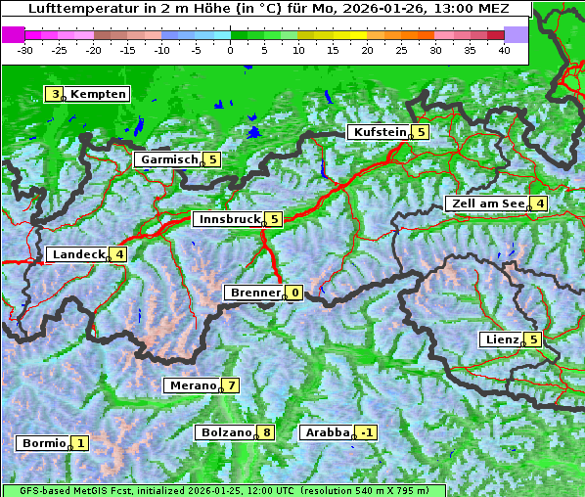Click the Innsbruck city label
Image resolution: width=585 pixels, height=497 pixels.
tap(227, 219)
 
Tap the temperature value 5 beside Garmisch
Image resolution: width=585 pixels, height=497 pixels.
tap(212, 159)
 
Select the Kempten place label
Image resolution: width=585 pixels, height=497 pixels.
tap(98, 94)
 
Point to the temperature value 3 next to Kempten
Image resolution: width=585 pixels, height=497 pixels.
tap(56, 94)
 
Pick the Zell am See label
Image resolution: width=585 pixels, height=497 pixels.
tap(486, 203)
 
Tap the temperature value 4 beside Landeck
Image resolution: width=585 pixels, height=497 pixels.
tap(119, 254)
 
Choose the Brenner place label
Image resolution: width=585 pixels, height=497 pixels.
tap(255, 293)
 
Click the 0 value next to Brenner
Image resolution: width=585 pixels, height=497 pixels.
tap(294, 293)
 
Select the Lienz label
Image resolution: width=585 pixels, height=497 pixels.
tap(502, 339)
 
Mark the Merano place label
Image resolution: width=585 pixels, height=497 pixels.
tap(192, 385)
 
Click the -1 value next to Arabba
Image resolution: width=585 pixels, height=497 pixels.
tap(366, 432)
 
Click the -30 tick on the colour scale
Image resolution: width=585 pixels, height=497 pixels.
tap(25, 49)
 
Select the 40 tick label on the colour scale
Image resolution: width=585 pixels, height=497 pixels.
tap(504, 49)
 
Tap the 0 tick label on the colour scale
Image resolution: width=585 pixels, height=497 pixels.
tap(230, 49)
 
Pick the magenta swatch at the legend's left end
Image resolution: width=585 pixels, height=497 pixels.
tap(13, 34)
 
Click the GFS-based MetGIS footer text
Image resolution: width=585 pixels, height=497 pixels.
tap(224, 490)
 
